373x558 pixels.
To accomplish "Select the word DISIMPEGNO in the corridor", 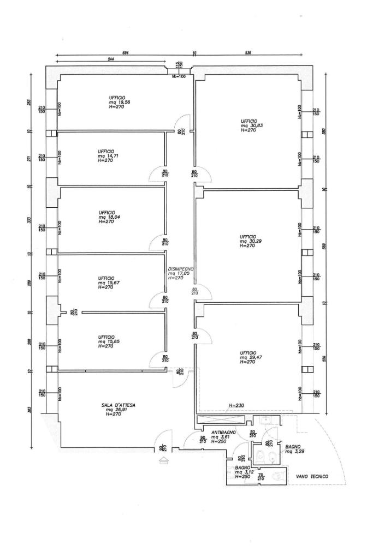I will [180, 269].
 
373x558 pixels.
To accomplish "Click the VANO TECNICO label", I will [312, 476].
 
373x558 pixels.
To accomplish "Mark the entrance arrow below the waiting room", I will [162, 461].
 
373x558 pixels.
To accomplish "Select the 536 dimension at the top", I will [248, 53].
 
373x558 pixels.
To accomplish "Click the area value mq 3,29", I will [293, 452].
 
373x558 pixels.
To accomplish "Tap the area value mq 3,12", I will [243, 472].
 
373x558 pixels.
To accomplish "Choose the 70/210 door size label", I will [260, 477].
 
